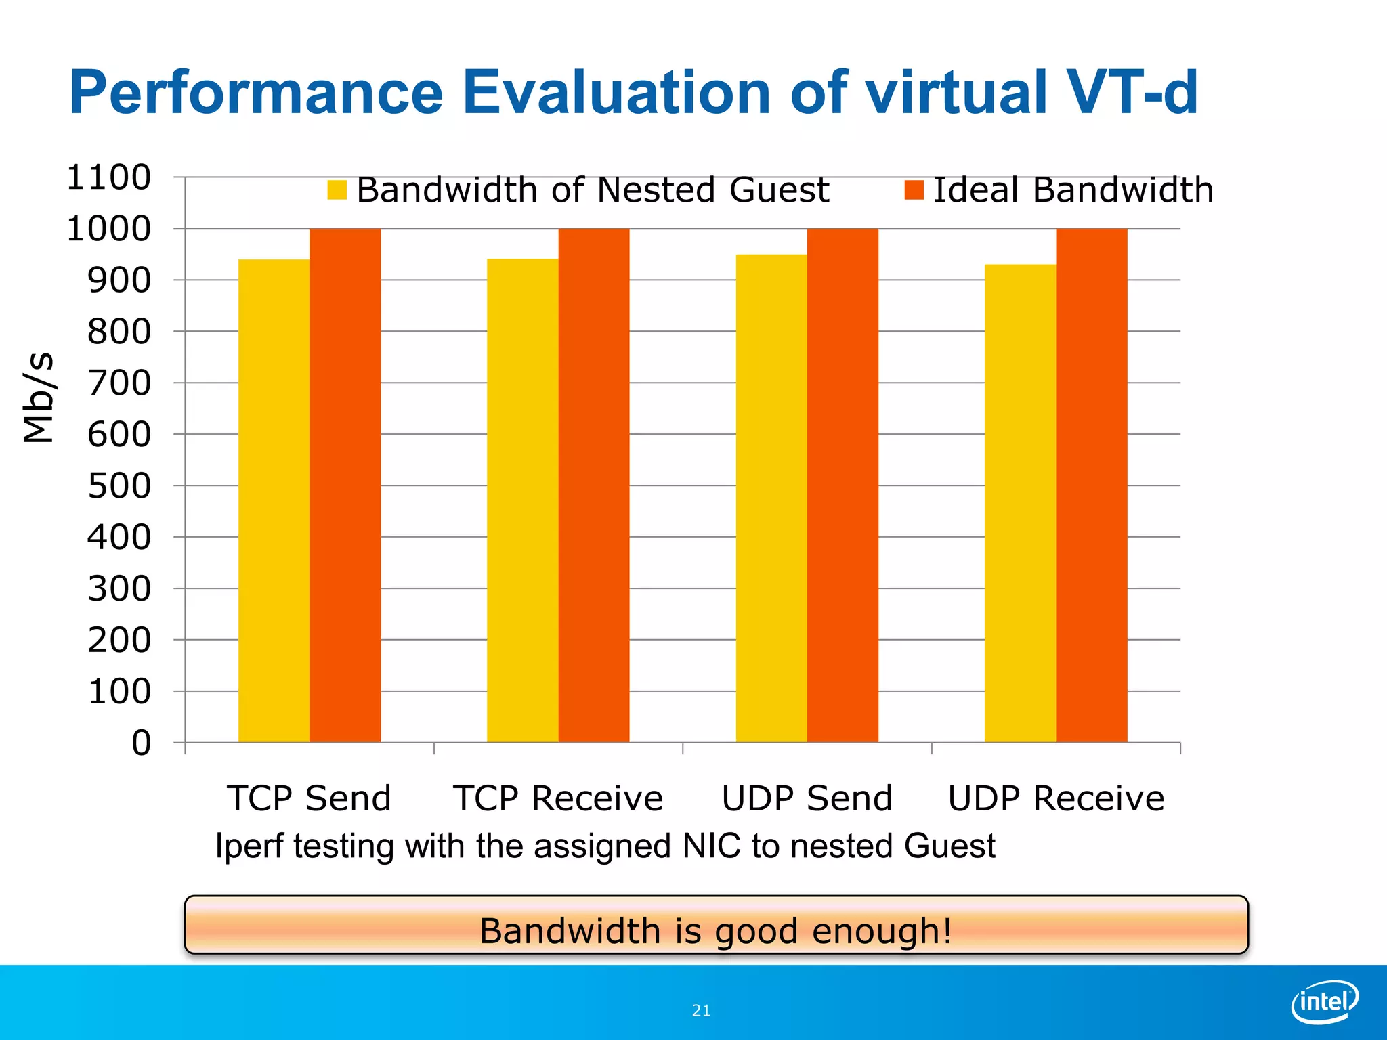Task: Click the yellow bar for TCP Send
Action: coord(274,501)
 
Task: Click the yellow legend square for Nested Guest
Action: coord(337,190)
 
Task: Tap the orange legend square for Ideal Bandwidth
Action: coord(914,190)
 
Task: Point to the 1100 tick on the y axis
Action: coord(108,177)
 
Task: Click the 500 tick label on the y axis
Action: coord(119,486)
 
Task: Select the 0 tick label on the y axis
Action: coord(141,743)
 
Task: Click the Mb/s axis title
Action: coord(38,397)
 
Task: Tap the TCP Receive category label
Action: coord(558,798)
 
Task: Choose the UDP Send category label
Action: coord(807,798)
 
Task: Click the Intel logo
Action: coord(1324,1001)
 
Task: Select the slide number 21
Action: coord(701,1011)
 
